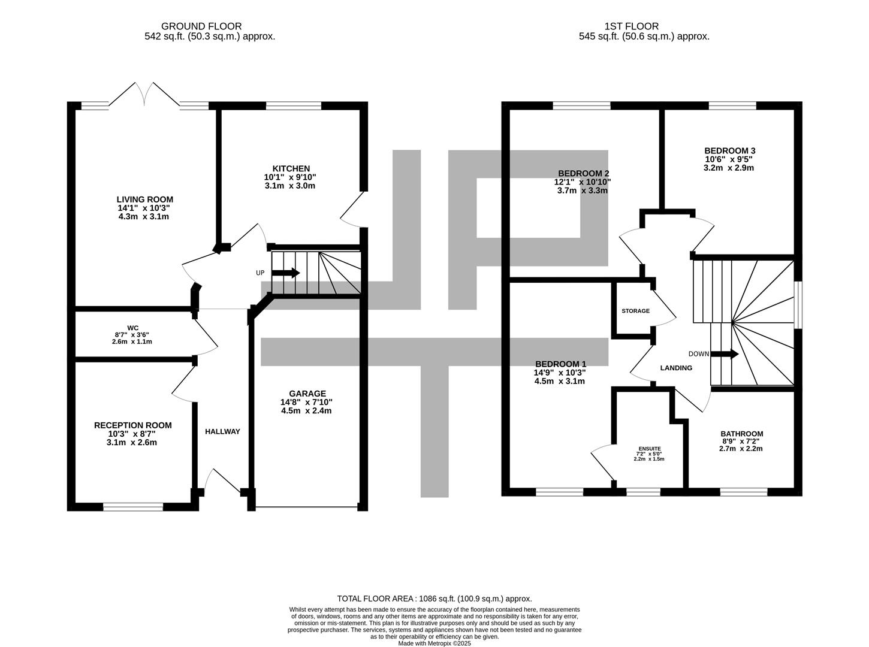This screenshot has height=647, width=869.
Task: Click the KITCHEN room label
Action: point(291,168)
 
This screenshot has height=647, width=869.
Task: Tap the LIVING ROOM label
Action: point(144,199)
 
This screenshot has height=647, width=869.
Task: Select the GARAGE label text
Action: point(307,393)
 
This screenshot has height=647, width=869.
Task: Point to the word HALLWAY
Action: point(222,431)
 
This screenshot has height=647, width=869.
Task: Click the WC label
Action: point(133,328)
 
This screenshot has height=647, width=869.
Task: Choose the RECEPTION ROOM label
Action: point(133,425)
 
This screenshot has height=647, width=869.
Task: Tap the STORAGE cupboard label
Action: point(635,310)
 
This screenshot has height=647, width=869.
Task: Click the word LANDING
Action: point(676,368)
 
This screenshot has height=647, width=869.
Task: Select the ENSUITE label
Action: point(650,449)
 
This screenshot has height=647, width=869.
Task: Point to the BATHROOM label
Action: point(742,434)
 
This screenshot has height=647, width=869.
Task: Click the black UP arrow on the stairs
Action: point(286,273)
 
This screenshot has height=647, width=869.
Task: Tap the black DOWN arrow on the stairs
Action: point(725,354)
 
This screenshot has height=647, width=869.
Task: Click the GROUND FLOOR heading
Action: point(201,26)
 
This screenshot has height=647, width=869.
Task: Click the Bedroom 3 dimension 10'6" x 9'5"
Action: point(729,159)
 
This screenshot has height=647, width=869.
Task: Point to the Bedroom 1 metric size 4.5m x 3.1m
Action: point(560,381)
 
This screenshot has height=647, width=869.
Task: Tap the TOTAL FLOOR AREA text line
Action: point(434,598)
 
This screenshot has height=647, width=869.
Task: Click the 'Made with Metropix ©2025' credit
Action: point(434,643)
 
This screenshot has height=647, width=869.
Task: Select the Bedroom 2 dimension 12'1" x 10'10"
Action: point(582,182)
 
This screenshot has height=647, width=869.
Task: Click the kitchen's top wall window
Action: point(293,105)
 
